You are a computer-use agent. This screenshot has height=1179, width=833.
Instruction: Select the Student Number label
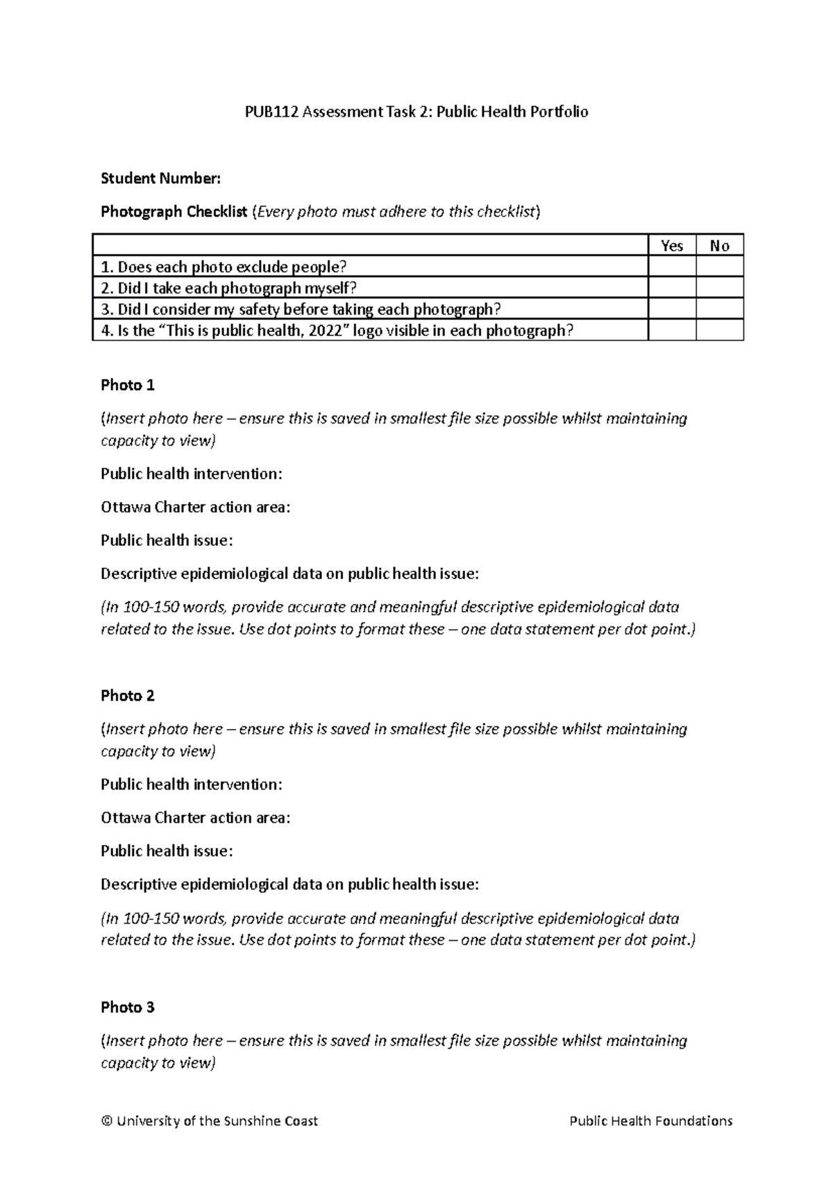[x=160, y=178]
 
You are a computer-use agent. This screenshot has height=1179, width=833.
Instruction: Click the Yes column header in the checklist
[x=672, y=246]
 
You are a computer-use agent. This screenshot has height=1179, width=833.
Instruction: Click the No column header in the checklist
[x=720, y=246]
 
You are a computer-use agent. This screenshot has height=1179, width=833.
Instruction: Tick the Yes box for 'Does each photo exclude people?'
[x=672, y=267]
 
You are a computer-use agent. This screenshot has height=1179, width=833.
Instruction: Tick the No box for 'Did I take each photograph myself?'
[x=720, y=288]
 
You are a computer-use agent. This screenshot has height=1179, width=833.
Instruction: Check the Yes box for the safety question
[x=672, y=309]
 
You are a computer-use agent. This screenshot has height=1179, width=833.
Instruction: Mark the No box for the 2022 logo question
[x=720, y=331]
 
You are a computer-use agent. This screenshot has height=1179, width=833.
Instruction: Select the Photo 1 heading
[x=128, y=385]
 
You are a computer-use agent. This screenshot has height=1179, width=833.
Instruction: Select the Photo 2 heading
[x=128, y=696]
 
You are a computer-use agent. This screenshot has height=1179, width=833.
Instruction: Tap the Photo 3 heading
[x=128, y=1007]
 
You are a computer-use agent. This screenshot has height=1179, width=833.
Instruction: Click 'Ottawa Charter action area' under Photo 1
[x=195, y=507]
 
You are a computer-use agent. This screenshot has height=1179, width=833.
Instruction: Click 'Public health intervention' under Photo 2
[x=192, y=785]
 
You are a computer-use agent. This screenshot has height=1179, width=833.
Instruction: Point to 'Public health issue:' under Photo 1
[x=167, y=540]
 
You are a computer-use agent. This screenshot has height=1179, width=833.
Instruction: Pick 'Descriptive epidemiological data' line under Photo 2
[x=289, y=885]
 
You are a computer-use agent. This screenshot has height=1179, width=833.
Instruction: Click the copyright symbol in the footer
[x=106, y=1121]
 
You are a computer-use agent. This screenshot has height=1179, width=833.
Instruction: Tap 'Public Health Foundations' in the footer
[x=650, y=1121]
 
